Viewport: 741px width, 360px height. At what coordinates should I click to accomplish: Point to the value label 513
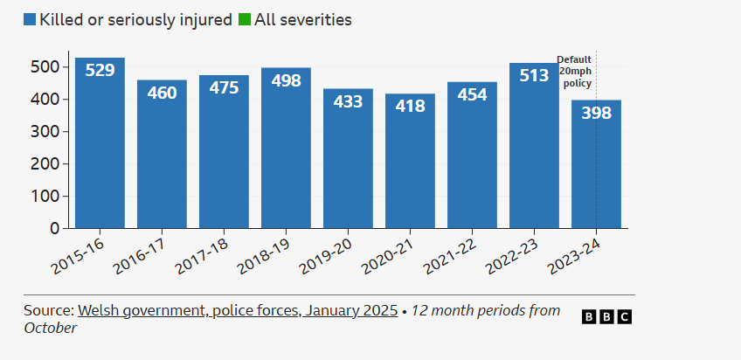pos(534,76)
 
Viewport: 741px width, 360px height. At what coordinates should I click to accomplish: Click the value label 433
pos(348,102)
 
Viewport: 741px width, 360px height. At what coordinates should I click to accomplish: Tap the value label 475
pos(224,89)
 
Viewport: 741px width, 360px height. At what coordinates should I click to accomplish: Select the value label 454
pos(472,95)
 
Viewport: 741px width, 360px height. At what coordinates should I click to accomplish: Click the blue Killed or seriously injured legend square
pos(29,19)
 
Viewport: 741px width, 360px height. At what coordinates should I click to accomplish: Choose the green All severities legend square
pos(244,19)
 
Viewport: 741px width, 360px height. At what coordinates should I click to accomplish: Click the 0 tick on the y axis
pos(54,228)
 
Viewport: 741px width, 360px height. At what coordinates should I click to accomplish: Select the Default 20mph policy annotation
pos(574,72)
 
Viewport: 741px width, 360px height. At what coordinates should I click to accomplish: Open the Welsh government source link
pos(237,310)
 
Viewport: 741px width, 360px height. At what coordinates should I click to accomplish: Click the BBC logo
pos(606,316)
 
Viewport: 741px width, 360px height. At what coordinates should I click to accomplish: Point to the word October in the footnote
pos(51,328)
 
